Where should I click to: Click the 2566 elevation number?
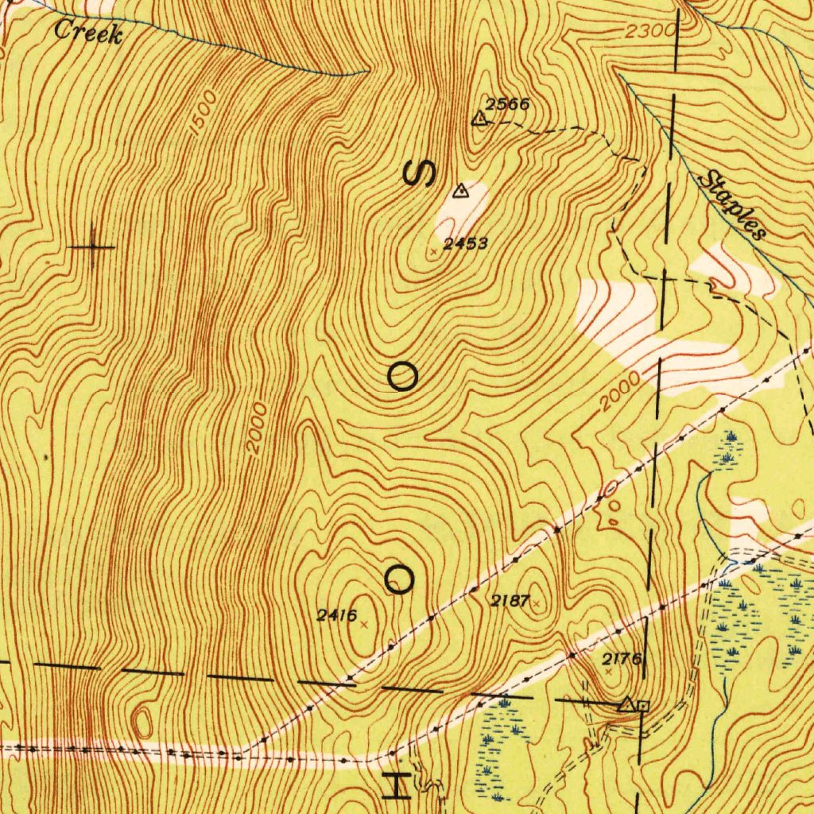point(508,104)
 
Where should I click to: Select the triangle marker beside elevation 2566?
point(479,119)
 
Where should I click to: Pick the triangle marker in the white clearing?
point(459,191)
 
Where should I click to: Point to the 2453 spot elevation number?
point(465,244)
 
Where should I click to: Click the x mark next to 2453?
point(433,251)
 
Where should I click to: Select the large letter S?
point(420,172)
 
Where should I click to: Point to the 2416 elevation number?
point(337,614)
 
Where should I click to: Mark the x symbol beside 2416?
point(364,625)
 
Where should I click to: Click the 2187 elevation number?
point(510,601)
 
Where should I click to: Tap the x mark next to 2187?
point(537,605)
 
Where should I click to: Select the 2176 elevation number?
point(622,658)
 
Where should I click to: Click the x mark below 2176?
point(608,672)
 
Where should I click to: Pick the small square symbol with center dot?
point(643,705)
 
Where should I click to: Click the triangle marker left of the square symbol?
point(627,704)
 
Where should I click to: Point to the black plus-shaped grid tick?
point(92,247)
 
